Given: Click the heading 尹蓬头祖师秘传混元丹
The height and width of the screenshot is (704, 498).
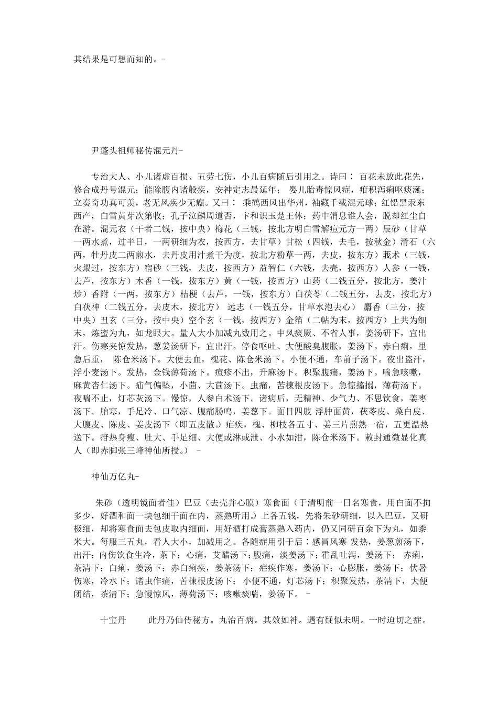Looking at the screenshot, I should point(135,150).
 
